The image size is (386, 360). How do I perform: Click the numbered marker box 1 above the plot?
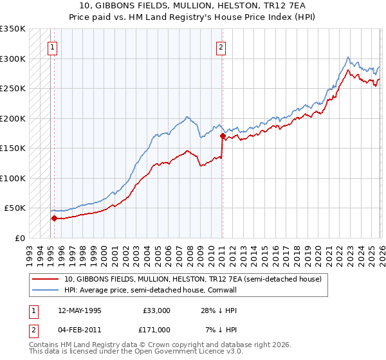point(51,46)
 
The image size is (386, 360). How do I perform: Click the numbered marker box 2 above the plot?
point(221,46)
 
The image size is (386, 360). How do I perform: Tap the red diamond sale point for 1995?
point(54,218)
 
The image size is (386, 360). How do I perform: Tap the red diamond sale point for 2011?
point(223,136)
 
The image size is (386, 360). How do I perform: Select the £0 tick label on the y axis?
point(21,238)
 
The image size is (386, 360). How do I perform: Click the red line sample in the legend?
point(46,279)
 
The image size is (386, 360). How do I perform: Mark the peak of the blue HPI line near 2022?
point(348,57)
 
